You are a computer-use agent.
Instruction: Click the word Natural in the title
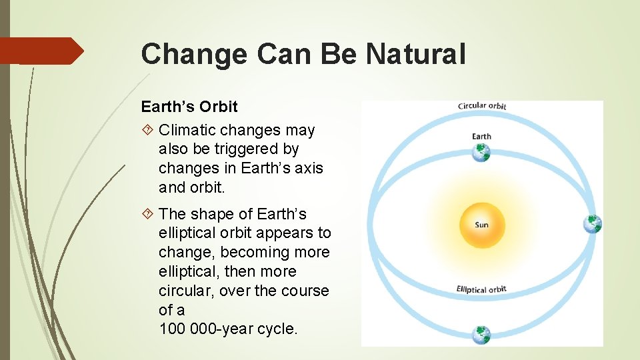(415, 53)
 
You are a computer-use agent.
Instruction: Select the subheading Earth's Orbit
(189, 107)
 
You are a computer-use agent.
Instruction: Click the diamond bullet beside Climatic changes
(147, 130)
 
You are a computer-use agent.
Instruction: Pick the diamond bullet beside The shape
(147, 213)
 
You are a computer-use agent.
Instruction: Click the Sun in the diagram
(482, 225)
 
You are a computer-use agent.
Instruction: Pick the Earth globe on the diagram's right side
(592, 224)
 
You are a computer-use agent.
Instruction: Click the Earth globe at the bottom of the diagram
(481, 335)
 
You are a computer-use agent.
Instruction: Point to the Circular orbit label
(482, 106)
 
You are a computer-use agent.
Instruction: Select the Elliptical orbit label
(481, 289)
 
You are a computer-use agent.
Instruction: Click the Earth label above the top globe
(481, 136)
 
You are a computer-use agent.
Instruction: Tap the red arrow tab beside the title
(42, 51)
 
